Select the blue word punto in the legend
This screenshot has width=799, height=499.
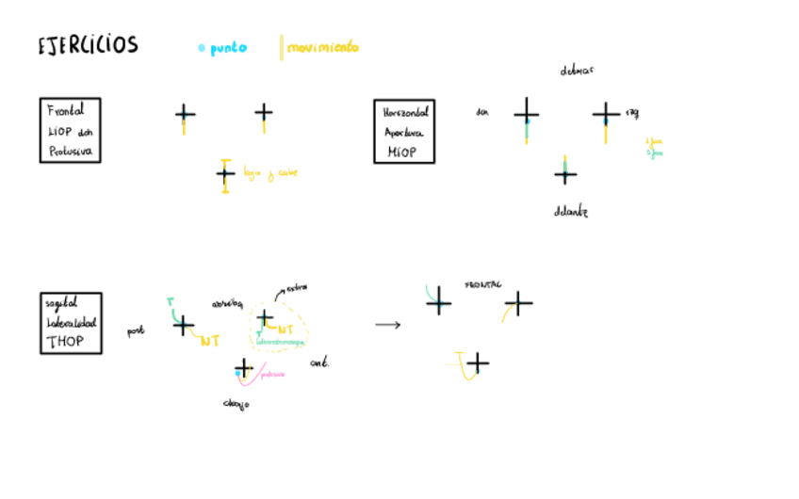click(227, 48)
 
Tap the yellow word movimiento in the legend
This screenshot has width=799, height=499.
click(322, 47)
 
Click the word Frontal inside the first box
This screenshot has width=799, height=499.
click(65, 110)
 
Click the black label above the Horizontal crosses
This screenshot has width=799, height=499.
click(577, 71)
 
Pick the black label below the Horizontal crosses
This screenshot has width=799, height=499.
click(570, 212)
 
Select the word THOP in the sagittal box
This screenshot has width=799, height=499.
click(64, 341)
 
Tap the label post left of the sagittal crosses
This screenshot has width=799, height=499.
click(136, 331)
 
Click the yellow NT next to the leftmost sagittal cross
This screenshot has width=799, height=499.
click(210, 341)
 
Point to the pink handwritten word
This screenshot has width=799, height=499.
click(272, 374)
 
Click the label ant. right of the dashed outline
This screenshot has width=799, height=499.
click(318, 362)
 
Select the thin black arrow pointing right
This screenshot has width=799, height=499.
click(387, 325)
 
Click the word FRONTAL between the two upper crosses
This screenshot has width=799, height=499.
click(482, 283)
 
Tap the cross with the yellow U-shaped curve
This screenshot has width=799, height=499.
click(478, 362)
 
